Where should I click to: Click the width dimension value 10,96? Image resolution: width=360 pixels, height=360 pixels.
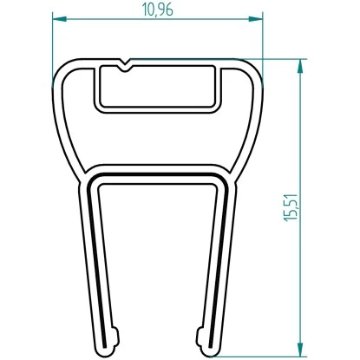(x=156, y=10)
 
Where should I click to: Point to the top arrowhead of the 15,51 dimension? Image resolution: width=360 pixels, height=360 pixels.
(x=301, y=63)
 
